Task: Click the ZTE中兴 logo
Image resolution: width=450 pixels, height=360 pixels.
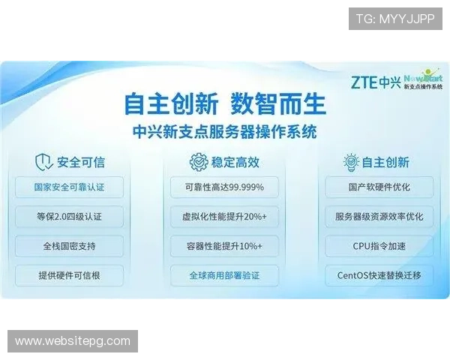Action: [x=375, y=81]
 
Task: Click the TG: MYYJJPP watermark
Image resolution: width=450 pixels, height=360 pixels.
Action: [x=395, y=19]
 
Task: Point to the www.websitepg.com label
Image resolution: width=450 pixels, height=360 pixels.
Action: [x=72, y=341]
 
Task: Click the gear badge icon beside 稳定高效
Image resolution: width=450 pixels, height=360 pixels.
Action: [x=198, y=161]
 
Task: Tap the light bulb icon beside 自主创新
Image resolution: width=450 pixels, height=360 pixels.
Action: [x=351, y=161]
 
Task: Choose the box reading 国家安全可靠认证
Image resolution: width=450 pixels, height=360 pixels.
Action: [x=69, y=187]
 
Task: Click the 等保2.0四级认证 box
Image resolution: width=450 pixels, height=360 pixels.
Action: [x=69, y=217]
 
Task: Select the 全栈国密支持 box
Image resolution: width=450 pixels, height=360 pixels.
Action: [x=69, y=246]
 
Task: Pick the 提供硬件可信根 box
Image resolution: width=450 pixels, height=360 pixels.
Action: [x=69, y=275]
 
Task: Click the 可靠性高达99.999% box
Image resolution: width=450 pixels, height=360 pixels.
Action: [x=223, y=187]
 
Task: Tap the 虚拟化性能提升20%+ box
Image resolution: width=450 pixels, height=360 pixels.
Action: [x=223, y=217]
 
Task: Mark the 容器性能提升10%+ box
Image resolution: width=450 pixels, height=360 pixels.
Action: [x=223, y=246]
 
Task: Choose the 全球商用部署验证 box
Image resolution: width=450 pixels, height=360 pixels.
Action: [x=223, y=275]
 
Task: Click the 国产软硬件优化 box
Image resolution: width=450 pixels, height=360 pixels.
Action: [x=379, y=187]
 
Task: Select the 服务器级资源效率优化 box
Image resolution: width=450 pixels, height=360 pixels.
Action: [x=379, y=217]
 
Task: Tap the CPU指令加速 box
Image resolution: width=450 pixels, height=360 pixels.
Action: [x=379, y=246]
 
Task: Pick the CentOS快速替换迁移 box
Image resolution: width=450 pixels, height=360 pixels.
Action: [x=379, y=275]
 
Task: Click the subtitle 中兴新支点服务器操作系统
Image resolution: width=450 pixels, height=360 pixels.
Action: [x=223, y=131]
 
